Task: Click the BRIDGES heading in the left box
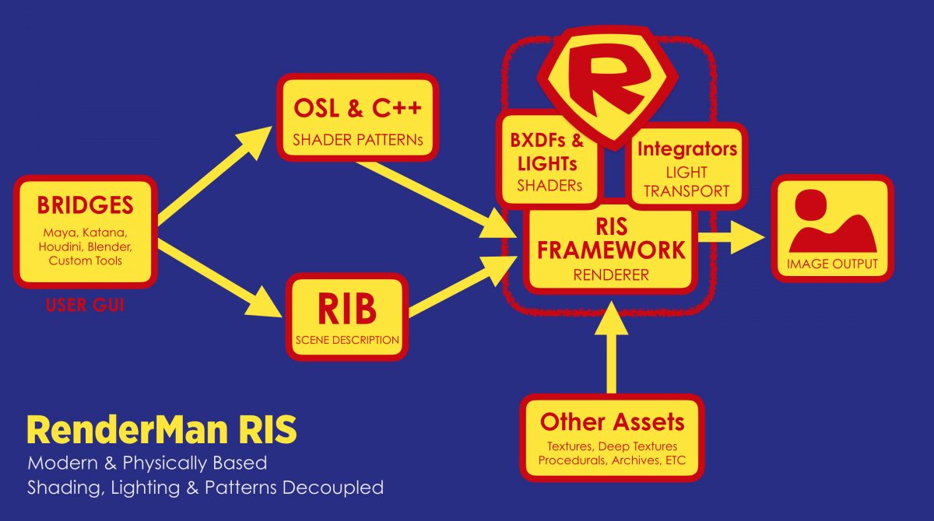point(86,205)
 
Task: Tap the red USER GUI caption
point(86,306)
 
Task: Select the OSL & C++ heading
point(357,108)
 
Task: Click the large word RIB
point(346,310)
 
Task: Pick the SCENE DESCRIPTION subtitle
point(347,340)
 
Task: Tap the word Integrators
point(687,149)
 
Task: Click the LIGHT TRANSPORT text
point(687,181)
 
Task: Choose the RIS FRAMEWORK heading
point(611,240)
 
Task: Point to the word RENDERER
point(611,274)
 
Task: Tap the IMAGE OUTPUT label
point(832,264)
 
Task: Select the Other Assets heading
point(612,422)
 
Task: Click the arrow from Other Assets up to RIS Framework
point(612,350)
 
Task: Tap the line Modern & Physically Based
point(147,463)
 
